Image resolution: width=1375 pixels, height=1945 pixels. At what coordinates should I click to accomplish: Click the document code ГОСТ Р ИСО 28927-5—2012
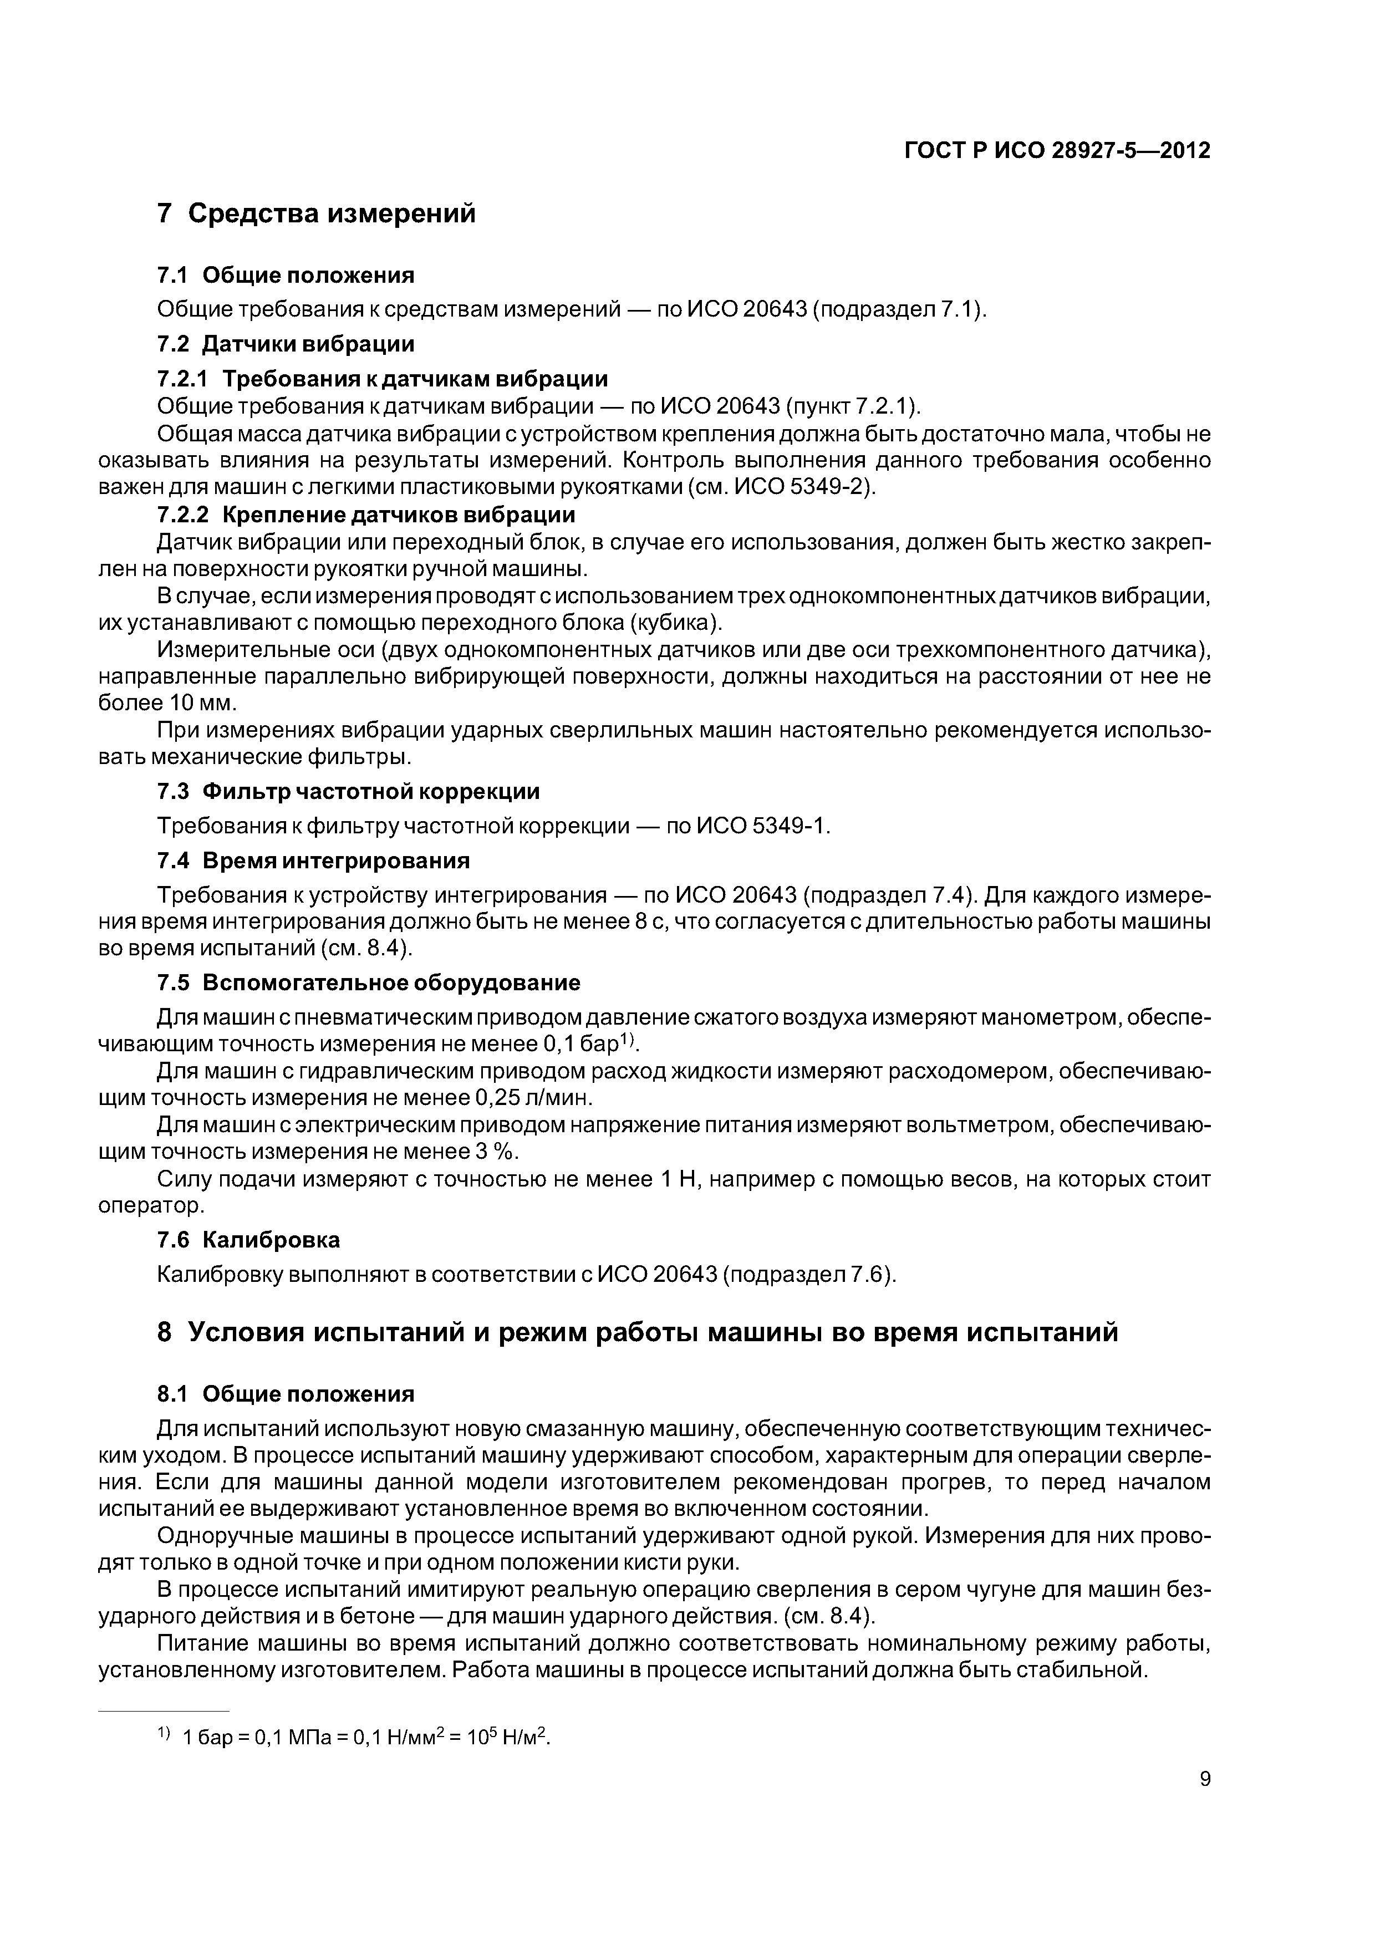pos(1057,151)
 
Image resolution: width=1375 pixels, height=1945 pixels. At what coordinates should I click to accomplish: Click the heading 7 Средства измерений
pos(317,213)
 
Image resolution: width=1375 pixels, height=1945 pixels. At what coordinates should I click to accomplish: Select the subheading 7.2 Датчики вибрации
pos(286,344)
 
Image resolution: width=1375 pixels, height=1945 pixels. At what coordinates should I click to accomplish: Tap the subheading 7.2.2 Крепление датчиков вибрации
pos(366,515)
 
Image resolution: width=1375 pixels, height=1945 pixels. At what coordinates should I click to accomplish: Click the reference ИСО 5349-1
pos(760,826)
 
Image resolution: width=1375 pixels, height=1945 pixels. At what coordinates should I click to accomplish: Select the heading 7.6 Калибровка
pos(249,1240)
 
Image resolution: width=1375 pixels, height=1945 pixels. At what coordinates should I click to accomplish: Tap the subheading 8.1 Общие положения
pos(286,1394)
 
